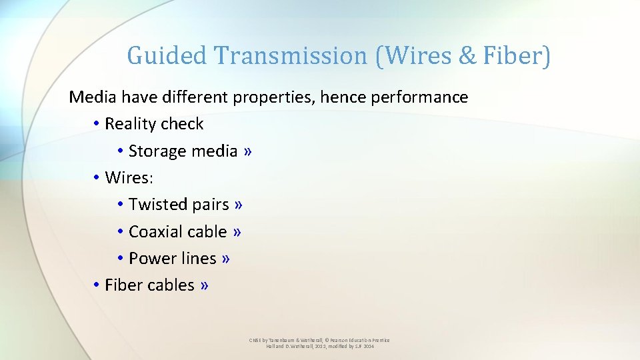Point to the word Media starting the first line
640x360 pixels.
click(x=92, y=97)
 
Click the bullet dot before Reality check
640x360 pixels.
click(x=97, y=124)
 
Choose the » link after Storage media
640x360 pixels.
click(x=248, y=151)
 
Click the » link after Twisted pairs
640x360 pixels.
click(x=239, y=205)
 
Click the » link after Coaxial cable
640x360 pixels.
click(x=237, y=231)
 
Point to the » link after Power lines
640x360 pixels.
click(x=226, y=258)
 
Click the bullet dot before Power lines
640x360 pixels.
click(x=120, y=258)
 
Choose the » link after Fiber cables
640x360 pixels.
click(x=204, y=285)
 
